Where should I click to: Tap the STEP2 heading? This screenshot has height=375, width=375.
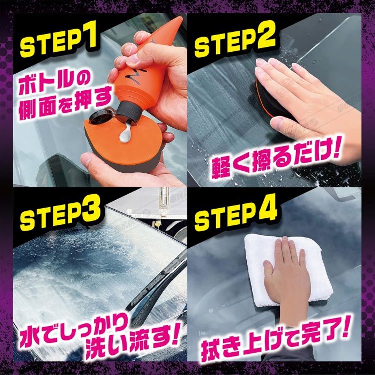(235, 39)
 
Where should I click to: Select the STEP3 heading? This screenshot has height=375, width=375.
(60, 213)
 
